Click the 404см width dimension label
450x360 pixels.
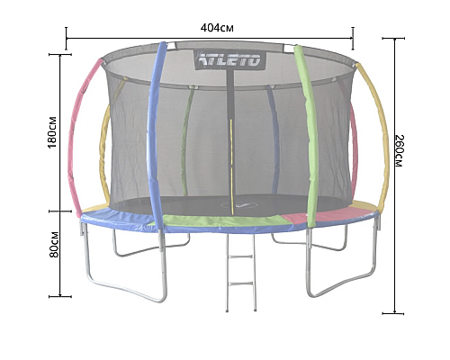pyautogui.click(x=217, y=28)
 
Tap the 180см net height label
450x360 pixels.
pyautogui.click(x=52, y=132)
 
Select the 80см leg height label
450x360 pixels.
pyautogui.click(x=54, y=244)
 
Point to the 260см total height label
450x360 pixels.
pyautogui.click(x=400, y=151)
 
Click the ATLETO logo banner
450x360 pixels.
pyautogui.click(x=230, y=59)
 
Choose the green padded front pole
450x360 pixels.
pyautogui.click(x=308, y=135)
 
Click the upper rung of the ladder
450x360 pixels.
pyautogui.click(x=240, y=256)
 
